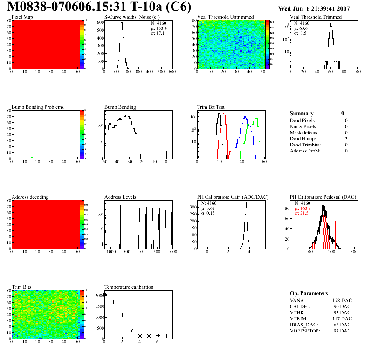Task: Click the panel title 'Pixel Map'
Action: [x=22, y=17]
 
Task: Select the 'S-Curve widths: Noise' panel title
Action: [x=129, y=17]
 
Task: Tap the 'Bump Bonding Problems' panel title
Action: [x=37, y=107]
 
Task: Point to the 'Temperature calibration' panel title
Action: [x=129, y=287]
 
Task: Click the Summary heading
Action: [x=302, y=113]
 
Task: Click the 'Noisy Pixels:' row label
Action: [x=303, y=126]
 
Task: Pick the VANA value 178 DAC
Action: [x=342, y=300]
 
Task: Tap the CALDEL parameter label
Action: [x=301, y=306]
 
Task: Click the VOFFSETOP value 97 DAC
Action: [x=343, y=331]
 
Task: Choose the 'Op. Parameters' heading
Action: [x=309, y=293]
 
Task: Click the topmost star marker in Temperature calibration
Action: [x=105, y=294]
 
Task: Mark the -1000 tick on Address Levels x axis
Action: [x=110, y=252]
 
